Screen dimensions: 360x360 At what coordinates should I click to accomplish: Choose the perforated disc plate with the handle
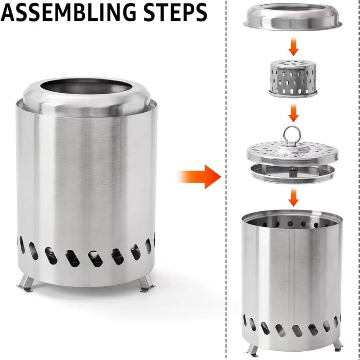292,151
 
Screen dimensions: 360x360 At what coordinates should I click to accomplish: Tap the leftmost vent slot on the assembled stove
22,245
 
